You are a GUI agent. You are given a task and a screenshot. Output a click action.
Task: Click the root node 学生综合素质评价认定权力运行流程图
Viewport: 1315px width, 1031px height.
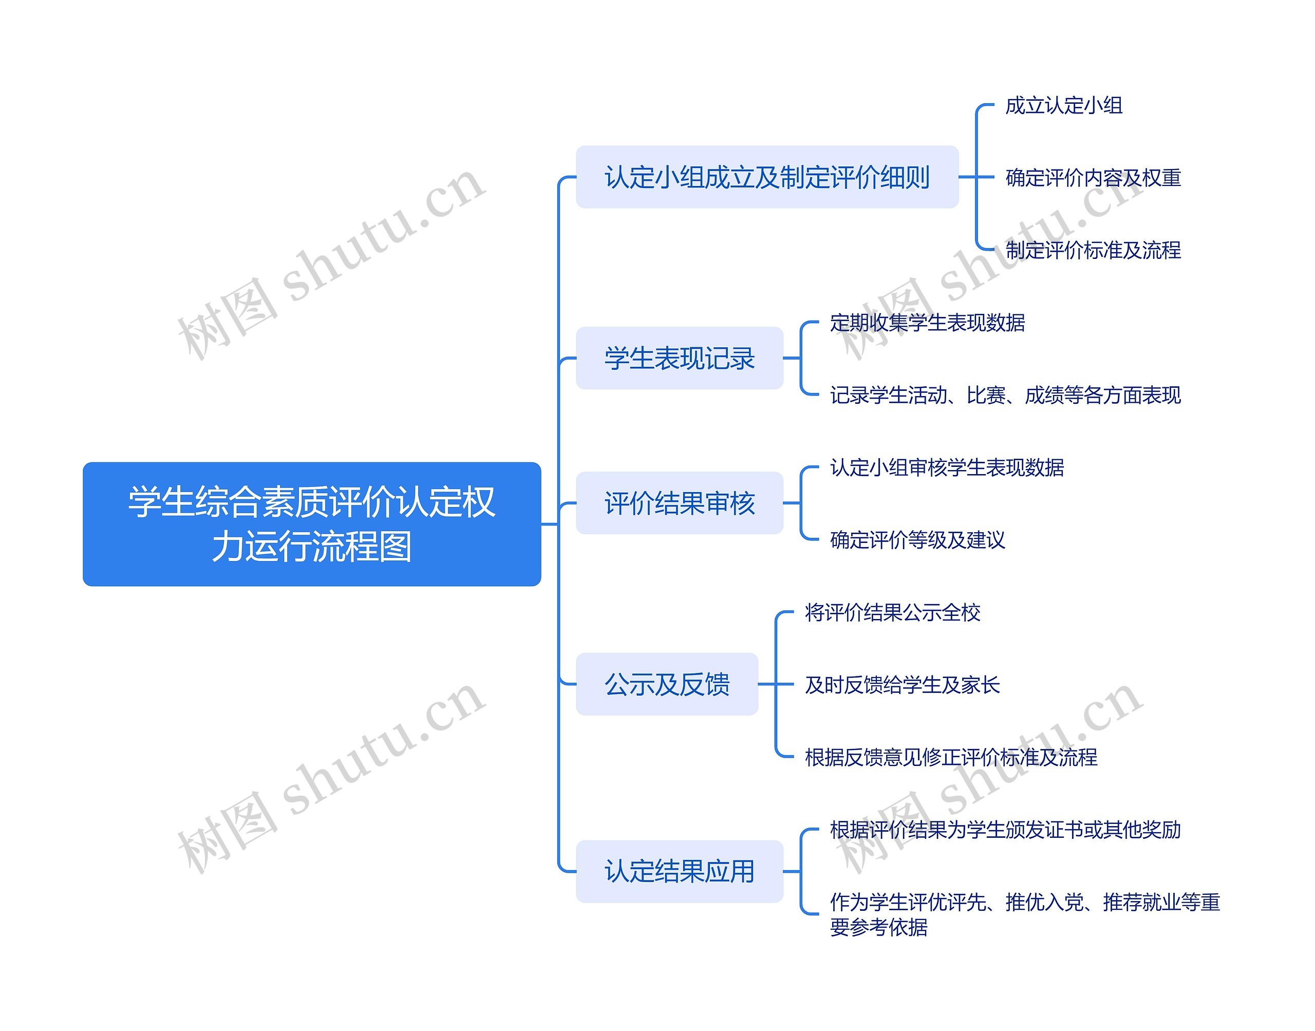311,524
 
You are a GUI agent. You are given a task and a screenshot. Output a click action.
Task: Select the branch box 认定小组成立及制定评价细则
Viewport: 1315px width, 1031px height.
767,177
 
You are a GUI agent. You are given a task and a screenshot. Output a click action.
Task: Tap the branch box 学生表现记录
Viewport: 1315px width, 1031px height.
680,359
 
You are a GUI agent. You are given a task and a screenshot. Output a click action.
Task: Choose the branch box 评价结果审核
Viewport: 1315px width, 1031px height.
680,503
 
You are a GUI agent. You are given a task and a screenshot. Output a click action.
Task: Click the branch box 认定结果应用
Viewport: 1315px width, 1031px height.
680,872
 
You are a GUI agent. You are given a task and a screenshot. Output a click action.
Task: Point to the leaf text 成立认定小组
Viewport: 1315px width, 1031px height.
1063,106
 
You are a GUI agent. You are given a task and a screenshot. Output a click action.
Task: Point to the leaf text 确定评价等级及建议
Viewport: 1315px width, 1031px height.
917,540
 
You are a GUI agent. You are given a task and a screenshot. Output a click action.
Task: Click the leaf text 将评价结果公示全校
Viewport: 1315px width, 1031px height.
893,613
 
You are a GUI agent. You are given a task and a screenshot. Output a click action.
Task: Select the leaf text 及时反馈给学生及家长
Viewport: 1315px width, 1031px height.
902,685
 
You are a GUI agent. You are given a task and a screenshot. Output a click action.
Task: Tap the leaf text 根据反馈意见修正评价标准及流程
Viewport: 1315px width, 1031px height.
951,758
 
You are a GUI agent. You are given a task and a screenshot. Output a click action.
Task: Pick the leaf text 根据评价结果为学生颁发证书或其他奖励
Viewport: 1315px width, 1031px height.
1005,830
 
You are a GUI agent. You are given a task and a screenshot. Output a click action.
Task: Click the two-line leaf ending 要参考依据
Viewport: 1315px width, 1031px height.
1024,914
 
